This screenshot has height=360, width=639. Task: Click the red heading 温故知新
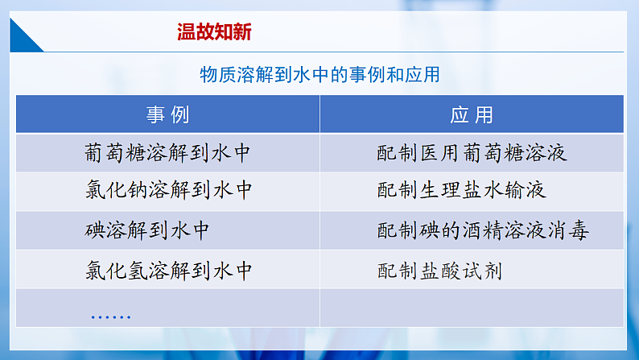pyautogui.click(x=214, y=31)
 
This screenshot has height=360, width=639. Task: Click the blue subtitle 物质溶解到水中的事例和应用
pyautogui.click(x=319, y=74)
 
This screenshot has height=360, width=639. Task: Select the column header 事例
pyautogui.click(x=168, y=114)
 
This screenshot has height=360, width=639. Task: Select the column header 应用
pyautogui.click(x=472, y=114)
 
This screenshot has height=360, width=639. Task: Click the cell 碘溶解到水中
pyautogui.click(x=147, y=230)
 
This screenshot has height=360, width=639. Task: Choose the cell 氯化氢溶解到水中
pyautogui.click(x=169, y=270)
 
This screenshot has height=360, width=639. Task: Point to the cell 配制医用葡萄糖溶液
pyautogui.click(x=472, y=152)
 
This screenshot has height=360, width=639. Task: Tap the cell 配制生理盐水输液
pyautogui.click(x=462, y=191)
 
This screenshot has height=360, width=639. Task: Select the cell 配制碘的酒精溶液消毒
pyautogui.click(x=483, y=230)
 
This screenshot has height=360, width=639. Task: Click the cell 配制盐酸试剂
pyautogui.click(x=439, y=270)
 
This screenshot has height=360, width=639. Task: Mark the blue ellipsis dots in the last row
pyautogui.click(x=111, y=317)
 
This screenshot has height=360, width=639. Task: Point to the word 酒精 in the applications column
pyautogui.click(x=493, y=230)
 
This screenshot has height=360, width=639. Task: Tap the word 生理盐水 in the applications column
pyautogui.click(x=462, y=191)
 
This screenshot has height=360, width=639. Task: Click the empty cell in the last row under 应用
pyautogui.click(x=472, y=308)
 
